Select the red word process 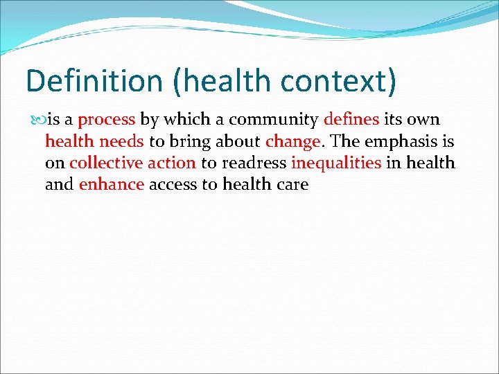click(x=106, y=120)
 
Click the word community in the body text click(x=274, y=120)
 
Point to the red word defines click(x=351, y=120)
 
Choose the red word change click(x=292, y=142)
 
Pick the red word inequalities click(x=336, y=164)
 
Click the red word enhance click(x=112, y=185)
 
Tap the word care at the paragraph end click(x=292, y=185)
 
